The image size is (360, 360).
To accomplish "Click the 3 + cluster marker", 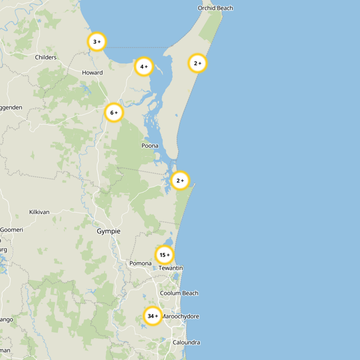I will [97, 42].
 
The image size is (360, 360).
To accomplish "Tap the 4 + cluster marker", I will [144, 67].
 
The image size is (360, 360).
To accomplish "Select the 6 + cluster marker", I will [114, 112].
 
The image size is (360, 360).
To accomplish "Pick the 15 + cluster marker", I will [165, 255].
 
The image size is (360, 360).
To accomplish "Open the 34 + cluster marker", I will [153, 316].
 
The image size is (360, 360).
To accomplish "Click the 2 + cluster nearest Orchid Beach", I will [198, 63].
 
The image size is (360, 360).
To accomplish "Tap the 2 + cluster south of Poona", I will [180, 180].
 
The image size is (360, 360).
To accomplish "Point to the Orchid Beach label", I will [216, 8].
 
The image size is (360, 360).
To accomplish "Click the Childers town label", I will [46, 57].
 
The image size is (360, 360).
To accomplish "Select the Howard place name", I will [92, 72].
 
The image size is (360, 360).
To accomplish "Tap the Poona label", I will [150, 146].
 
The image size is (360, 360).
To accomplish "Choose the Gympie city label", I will [108, 231].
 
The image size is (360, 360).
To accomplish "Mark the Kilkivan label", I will [39, 212].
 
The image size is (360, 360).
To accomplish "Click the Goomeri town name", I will [11, 229].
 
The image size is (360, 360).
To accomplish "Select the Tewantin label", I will [171, 268].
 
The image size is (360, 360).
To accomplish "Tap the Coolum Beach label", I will [179, 293].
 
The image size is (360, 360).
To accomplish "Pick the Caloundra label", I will [186, 342].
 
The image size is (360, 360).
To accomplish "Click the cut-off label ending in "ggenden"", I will [11, 108].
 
